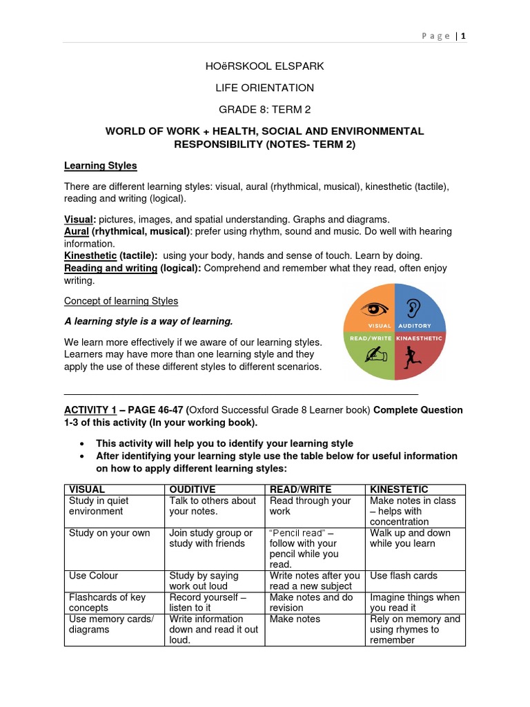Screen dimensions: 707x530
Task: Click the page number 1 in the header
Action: pos(464,36)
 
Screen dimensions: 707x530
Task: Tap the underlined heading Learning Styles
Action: pos(100,166)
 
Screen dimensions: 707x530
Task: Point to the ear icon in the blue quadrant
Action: pos(413,307)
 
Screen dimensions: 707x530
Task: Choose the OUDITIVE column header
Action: pos(193,490)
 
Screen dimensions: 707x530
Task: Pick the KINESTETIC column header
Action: pos(399,490)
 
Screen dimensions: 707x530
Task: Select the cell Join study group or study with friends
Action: pos(211,539)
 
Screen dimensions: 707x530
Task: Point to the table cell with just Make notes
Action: pos(295,619)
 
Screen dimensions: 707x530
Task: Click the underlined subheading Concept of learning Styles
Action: pos(121,301)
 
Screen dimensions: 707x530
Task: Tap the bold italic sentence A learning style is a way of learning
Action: pos(148,322)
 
